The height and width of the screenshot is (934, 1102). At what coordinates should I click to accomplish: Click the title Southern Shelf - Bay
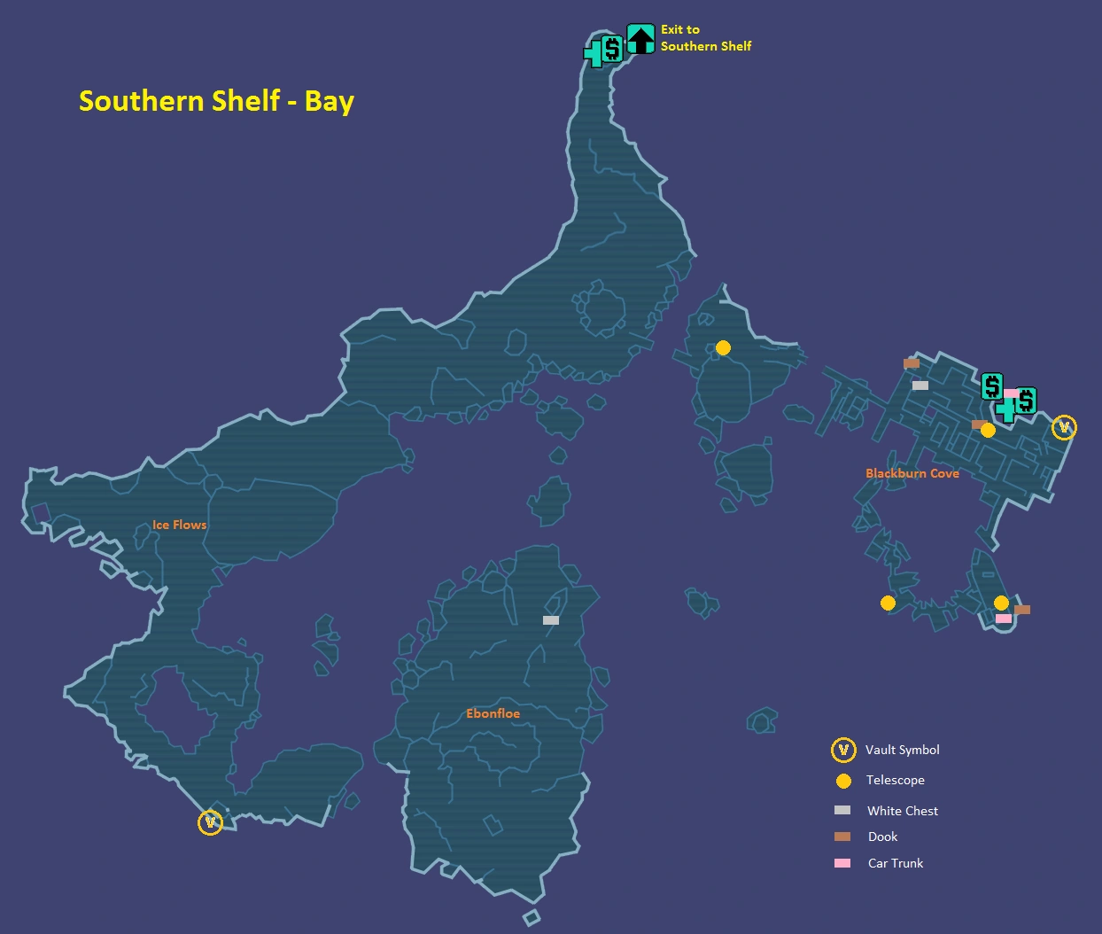click(x=216, y=100)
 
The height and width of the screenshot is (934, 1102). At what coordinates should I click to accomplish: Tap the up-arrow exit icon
click(x=640, y=39)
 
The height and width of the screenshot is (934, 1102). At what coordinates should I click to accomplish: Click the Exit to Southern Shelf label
click(x=705, y=38)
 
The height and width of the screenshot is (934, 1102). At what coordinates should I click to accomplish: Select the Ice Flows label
click(x=179, y=525)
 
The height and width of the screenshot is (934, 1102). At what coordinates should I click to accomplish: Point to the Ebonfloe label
click(x=493, y=713)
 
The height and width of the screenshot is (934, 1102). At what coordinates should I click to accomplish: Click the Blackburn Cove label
click(x=912, y=473)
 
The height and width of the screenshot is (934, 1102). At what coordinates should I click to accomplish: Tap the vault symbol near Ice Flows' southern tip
click(x=210, y=822)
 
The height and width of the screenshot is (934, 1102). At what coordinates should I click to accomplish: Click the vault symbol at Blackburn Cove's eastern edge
click(x=1064, y=428)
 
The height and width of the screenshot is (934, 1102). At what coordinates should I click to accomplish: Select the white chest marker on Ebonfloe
click(x=551, y=620)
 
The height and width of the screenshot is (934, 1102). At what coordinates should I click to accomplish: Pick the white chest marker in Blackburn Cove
click(x=920, y=385)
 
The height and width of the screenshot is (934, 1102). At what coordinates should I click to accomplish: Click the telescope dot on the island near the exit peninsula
click(x=723, y=348)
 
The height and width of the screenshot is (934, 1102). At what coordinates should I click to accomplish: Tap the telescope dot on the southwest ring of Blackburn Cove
click(x=888, y=603)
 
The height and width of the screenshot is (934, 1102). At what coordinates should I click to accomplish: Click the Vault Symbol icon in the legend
click(x=843, y=751)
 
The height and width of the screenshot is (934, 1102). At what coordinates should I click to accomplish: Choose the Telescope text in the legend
click(x=895, y=780)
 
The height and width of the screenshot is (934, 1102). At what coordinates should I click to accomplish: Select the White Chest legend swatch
click(x=842, y=810)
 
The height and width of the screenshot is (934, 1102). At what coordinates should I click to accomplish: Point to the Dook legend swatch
click(x=842, y=837)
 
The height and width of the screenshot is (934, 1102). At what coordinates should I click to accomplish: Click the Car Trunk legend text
click(x=895, y=863)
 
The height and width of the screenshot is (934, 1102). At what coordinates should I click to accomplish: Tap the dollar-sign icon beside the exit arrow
click(x=611, y=48)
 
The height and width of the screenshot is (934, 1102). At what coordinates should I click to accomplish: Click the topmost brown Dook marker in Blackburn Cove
click(x=911, y=363)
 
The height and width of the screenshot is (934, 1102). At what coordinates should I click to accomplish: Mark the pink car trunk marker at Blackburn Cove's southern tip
click(x=1003, y=619)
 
